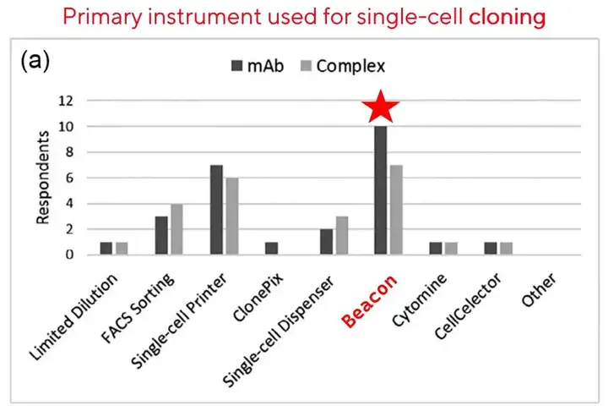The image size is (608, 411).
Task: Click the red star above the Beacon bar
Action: [380, 107]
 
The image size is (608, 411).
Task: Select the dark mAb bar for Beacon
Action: [380, 190]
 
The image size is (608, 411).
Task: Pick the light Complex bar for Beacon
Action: [396, 210]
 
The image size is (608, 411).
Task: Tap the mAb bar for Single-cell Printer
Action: [216, 210]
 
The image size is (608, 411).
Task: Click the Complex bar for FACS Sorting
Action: [176, 229]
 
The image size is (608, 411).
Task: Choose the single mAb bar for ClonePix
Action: [271, 249]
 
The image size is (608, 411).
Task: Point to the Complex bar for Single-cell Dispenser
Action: [342, 235]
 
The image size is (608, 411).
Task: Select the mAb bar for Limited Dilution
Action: [106, 249]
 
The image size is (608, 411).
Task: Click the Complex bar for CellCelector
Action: [506, 249]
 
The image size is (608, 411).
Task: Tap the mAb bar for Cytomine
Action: [436, 249]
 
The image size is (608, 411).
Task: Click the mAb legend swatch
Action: [237, 66]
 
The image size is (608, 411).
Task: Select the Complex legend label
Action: [350, 66]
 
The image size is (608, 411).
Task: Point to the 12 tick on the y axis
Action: [66, 101]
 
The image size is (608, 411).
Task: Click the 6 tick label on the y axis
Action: [69, 178]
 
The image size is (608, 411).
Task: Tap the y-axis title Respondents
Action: [43, 178]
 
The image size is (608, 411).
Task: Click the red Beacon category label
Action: [369, 300]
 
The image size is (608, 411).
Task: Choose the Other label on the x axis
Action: [539, 289]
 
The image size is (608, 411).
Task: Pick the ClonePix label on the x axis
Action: [258, 297]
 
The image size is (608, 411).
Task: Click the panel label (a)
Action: [35, 62]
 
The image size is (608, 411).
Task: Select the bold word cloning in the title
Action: [508, 17]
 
